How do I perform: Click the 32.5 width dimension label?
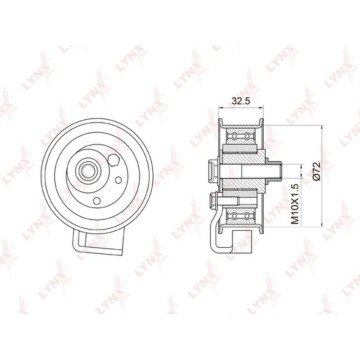click(241, 101)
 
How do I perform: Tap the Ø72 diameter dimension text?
click(316, 171)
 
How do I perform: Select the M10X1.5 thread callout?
click(295, 204)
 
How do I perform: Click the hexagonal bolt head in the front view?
click(114, 161)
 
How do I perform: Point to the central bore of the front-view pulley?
click(87, 171)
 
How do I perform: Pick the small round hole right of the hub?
click(118, 180)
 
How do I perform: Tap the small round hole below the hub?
click(97, 201)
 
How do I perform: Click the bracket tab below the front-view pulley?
click(98, 243)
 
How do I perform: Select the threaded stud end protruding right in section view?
click(274, 171)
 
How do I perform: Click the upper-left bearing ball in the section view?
click(234, 136)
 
